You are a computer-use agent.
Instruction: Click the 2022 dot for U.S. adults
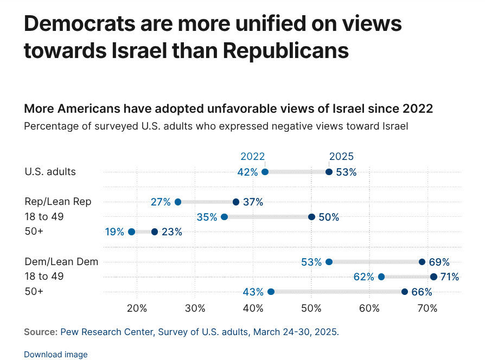[x=265, y=172]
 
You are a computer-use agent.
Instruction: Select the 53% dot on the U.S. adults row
[x=329, y=172]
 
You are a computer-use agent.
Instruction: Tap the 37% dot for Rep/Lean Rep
[x=236, y=202]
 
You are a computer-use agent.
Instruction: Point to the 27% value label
[x=161, y=202]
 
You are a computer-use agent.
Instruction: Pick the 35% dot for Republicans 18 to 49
[x=225, y=217]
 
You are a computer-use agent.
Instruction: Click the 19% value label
[x=114, y=232]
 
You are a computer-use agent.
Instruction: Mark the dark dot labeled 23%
[x=155, y=232]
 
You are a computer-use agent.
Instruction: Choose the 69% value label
[x=439, y=262]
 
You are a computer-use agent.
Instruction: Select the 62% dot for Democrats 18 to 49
[x=381, y=277]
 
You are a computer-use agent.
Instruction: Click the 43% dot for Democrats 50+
[x=271, y=292]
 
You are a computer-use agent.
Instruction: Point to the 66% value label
[x=422, y=292]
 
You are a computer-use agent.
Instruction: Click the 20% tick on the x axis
[x=137, y=308]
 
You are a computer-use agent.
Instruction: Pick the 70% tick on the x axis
[x=427, y=308]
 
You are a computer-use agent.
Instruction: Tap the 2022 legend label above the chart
[x=252, y=156]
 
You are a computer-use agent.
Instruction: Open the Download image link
[x=56, y=355]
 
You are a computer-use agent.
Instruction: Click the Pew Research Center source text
[x=106, y=332]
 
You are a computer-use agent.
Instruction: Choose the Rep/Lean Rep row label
[x=58, y=202]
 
